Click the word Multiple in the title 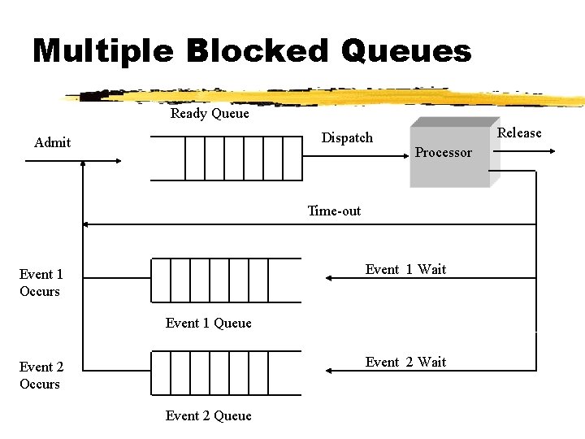(x=102, y=51)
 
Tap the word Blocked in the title (x=256, y=51)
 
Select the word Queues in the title (x=405, y=51)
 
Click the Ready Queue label (x=210, y=114)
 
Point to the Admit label (x=52, y=143)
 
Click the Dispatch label (x=347, y=138)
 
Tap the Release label (x=519, y=133)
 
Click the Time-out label (x=334, y=211)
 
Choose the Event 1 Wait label (x=405, y=270)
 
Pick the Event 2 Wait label (x=405, y=363)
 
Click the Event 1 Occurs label (x=41, y=283)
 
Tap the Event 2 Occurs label (x=41, y=376)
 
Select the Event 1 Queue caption (x=209, y=324)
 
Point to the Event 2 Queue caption (x=209, y=416)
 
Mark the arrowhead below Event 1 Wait (x=328, y=278)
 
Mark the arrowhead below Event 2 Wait (x=328, y=371)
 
